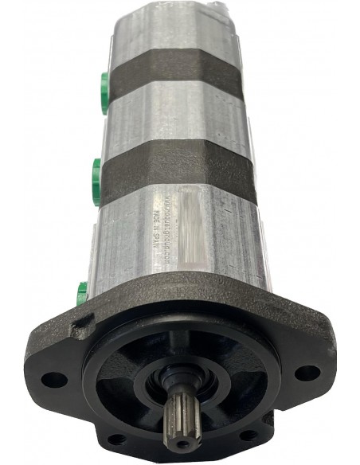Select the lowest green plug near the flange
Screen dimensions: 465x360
pyautogui.click(x=82, y=292)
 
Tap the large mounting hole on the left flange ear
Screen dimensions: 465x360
pyautogui.click(x=54, y=379)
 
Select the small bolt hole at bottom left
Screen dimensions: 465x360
pyautogui.click(x=117, y=439)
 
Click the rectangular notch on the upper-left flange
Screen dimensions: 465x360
pyautogui.click(x=80, y=327)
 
